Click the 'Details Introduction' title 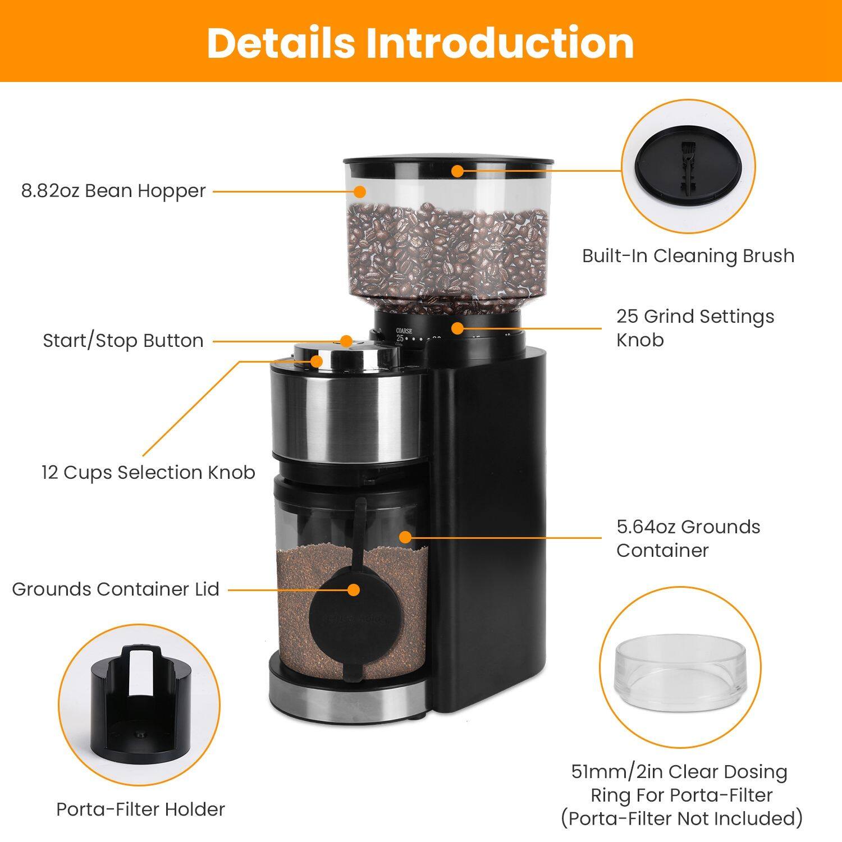(x=420, y=42)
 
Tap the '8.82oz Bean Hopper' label (x=113, y=191)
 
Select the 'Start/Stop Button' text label (x=123, y=341)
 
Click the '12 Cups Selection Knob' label (x=148, y=472)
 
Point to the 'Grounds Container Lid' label (x=115, y=589)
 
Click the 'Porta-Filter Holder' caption (x=140, y=809)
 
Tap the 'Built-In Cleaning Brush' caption (x=688, y=255)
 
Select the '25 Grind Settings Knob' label (x=695, y=328)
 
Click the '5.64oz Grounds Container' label (x=688, y=538)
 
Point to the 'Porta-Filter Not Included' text (x=681, y=818)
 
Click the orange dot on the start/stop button (x=346, y=341)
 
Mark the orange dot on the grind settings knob (x=457, y=327)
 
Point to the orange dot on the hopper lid (x=458, y=171)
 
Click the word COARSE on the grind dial (x=403, y=331)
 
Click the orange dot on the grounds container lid (x=353, y=589)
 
